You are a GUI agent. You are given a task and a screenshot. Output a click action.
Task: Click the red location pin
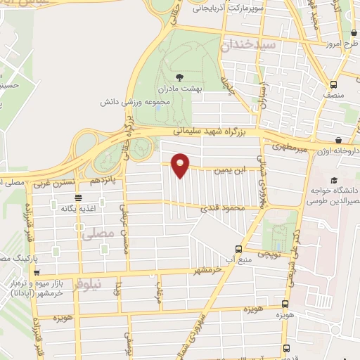(181, 165)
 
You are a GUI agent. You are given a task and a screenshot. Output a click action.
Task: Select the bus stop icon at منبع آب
(239, 249)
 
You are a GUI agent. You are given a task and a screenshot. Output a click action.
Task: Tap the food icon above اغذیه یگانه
(77, 198)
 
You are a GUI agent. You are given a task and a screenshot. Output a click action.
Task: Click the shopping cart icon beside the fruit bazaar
(37, 273)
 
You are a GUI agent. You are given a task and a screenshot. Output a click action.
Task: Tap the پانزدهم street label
(103, 180)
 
